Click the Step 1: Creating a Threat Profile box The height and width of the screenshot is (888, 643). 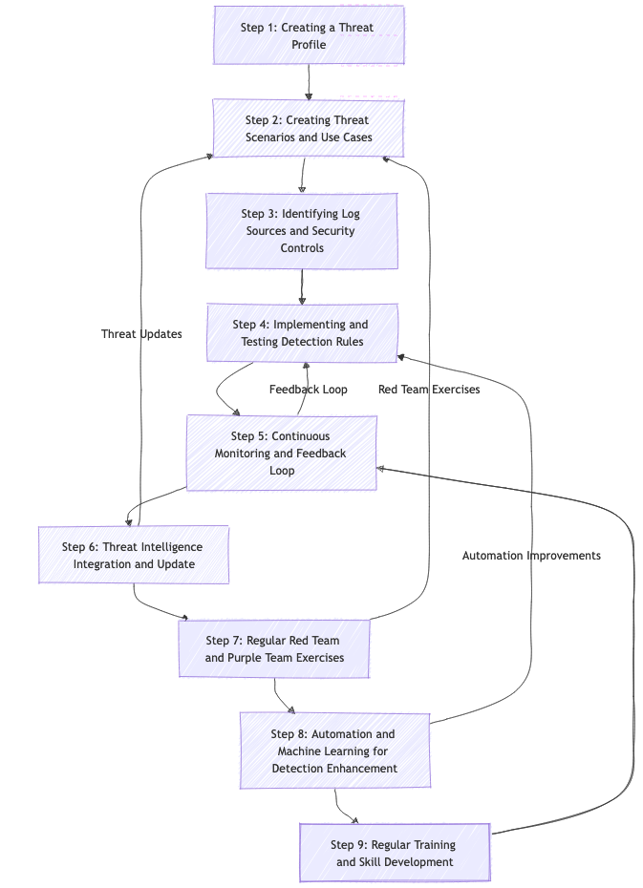pyautogui.click(x=309, y=35)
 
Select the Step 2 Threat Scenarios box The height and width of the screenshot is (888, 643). pyautogui.click(x=309, y=128)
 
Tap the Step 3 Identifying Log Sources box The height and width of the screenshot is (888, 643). pyautogui.click(x=302, y=230)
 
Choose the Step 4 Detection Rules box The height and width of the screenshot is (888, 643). pyautogui.click(x=302, y=332)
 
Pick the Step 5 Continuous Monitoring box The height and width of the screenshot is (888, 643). pyautogui.click(x=281, y=453)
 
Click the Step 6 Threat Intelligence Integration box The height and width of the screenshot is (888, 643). pyautogui.click(x=133, y=555)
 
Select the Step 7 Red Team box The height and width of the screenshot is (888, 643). pyautogui.click(x=274, y=648)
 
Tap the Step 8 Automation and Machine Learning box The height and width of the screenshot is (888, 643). pyautogui.click(x=334, y=751)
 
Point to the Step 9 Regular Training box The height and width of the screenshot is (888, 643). pyautogui.click(x=394, y=853)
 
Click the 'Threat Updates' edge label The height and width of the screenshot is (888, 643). pyautogui.click(x=141, y=334)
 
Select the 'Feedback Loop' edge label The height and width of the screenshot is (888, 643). pyautogui.click(x=308, y=390)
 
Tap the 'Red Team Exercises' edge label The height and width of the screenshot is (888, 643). pyautogui.click(x=429, y=390)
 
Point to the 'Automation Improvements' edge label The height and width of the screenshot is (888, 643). pyautogui.click(x=531, y=556)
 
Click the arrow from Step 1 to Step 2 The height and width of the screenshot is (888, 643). pyautogui.click(x=309, y=82)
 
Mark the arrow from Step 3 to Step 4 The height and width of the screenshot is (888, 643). pyautogui.click(x=302, y=286)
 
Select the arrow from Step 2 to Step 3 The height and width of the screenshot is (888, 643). pyautogui.click(x=303, y=176)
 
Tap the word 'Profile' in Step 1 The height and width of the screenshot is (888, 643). pyautogui.click(x=309, y=45)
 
